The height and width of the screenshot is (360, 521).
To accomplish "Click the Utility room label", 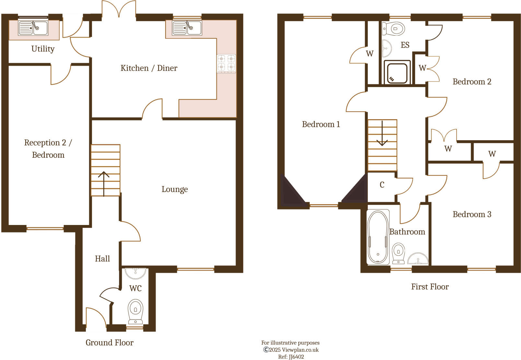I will [x=43, y=49].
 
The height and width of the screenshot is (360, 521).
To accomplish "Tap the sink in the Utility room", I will [x=33, y=28].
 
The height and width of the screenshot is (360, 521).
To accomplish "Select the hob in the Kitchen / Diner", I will [x=226, y=63].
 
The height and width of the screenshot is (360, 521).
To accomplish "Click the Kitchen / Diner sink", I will [x=187, y=28].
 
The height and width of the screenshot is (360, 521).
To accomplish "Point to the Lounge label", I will [x=175, y=189].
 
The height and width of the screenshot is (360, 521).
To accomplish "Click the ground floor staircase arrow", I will [x=104, y=183].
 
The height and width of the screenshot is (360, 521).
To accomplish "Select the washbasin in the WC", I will [x=136, y=273].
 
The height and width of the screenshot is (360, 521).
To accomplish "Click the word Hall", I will [x=102, y=258].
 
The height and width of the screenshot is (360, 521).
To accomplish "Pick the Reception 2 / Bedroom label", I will [x=48, y=149].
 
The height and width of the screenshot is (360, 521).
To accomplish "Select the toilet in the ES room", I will [x=394, y=28].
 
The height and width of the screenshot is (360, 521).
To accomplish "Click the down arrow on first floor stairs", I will [x=382, y=134].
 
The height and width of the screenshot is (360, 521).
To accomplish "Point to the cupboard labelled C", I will [x=382, y=185].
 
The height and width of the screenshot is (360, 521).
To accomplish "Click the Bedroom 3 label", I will [x=472, y=214].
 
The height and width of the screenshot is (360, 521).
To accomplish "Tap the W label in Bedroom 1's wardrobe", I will [x=370, y=53].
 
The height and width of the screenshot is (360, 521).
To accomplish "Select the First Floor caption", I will [x=430, y=287].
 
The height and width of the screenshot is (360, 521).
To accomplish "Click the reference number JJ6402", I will [x=291, y=357].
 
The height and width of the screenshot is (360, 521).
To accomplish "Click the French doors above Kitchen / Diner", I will [x=119, y=9].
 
